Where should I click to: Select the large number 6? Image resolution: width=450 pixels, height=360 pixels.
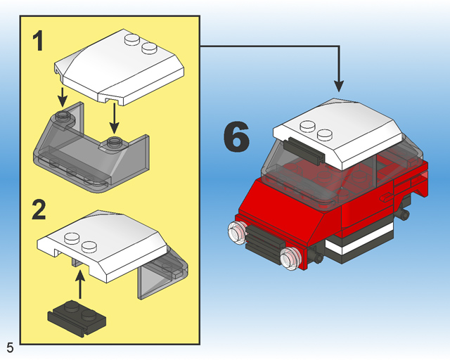pyautogui.click(x=236, y=138)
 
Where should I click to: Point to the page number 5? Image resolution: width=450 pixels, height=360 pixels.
pyautogui.click(x=10, y=347)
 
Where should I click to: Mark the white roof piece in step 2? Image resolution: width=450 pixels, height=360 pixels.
pyautogui.click(x=105, y=243)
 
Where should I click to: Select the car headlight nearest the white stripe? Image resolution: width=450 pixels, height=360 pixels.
pyautogui.click(x=289, y=259)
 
